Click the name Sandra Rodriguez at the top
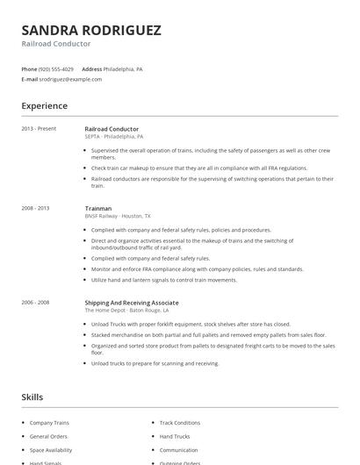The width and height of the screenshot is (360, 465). coord(91,30)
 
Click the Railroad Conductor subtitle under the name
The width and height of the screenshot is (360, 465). coord(56,44)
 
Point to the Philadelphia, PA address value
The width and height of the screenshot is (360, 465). coord(125,68)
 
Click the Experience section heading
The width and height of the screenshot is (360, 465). coord(45,106)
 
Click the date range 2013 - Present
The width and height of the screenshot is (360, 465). coord(40,129)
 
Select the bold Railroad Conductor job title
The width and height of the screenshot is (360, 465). coord(112,129)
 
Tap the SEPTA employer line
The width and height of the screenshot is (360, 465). coord(114,137)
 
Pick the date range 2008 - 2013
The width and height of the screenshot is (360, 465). coord(36,208)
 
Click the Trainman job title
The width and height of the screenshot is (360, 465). coord(98,208)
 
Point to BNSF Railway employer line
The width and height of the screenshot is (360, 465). coord(118,216)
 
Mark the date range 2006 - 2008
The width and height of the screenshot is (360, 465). coord(36,303)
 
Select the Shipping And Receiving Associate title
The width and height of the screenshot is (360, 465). coord(132,303)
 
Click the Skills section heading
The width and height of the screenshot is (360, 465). coord(32,397)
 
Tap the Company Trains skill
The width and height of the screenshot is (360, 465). coord(50,422)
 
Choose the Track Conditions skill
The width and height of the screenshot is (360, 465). coord(180,422)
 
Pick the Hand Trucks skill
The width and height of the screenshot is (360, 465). coord(175,436)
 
